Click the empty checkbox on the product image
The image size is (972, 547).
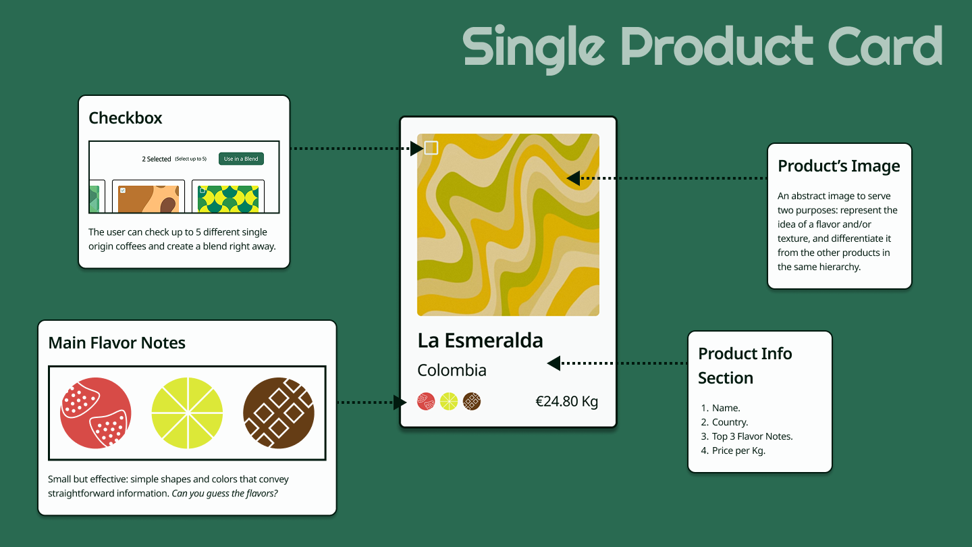pyautogui.click(x=431, y=148)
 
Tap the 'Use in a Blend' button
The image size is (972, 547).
pyautogui.click(x=241, y=159)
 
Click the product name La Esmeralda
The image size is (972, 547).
pyautogui.click(x=480, y=341)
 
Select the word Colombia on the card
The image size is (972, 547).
pyautogui.click(x=452, y=370)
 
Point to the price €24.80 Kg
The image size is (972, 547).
pyautogui.click(x=567, y=402)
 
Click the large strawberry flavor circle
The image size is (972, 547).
pyautogui.click(x=95, y=413)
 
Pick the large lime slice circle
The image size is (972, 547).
pyautogui.click(x=187, y=413)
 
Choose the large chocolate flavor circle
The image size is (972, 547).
pyautogui.click(x=279, y=413)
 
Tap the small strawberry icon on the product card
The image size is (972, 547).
pyautogui.click(x=426, y=402)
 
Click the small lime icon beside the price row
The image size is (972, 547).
pyautogui.click(x=449, y=402)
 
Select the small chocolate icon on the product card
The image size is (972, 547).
pyautogui.click(x=472, y=402)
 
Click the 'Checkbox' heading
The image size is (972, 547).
pyautogui.click(x=126, y=118)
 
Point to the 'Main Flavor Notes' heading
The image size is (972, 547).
pyautogui.click(x=117, y=343)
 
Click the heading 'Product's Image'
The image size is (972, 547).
pyautogui.click(x=839, y=166)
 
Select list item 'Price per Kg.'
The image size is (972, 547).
pyautogui.click(x=738, y=450)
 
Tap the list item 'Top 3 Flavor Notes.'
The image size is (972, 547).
pyautogui.click(x=753, y=436)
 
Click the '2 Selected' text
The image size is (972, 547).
pyautogui.click(x=157, y=159)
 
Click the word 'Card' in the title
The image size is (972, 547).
pyautogui.click(x=885, y=46)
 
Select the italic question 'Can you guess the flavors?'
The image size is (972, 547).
pyautogui.click(x=225, y=494)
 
